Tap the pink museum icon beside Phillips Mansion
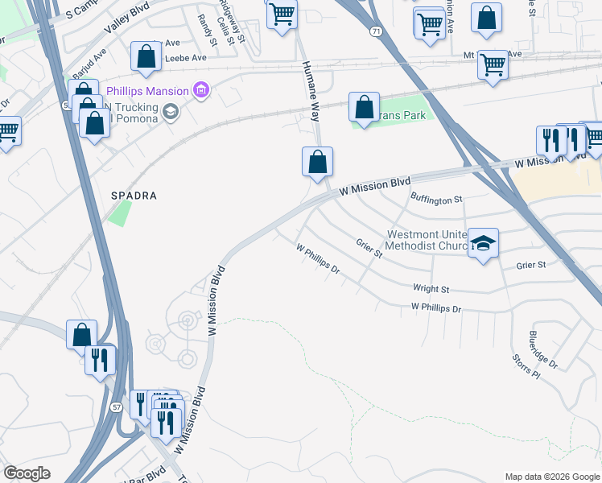tap(201, 90)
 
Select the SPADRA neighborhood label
tap(133, 196)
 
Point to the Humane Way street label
tap(310, 90)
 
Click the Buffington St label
tap(437, 198)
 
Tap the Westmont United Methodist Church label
tap(427, 239)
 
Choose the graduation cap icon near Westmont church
tap(483, 242)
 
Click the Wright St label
tap(431, 288)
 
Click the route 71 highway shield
tap(376, 30)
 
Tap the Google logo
tap(27, 473)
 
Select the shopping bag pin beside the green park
tap(364, 107)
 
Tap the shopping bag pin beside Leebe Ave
tap(146, 56)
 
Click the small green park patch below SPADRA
tap(120, 213)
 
